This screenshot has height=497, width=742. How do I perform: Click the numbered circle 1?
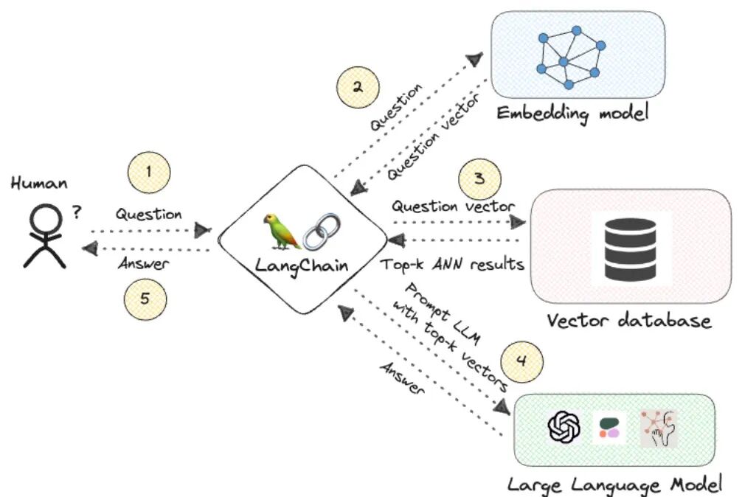click(149, 172)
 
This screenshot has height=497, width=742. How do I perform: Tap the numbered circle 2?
click(358, 88)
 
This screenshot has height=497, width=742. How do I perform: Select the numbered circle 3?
click(479, 179)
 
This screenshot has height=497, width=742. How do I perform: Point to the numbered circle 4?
click(521, 362)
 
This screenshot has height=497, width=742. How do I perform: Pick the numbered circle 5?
click(145, 299)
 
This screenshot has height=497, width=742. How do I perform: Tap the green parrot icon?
click(282, 231)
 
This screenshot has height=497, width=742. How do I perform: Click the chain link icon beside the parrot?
click(322, 232)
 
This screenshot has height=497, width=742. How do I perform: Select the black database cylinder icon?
click(631, 248)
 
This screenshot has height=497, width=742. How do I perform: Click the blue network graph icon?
click(571, 58)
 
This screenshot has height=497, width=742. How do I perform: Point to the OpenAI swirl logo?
click(564, 426)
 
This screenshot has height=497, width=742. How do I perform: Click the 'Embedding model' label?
click(572, 114)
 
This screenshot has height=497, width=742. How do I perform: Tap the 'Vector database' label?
click(629, 321)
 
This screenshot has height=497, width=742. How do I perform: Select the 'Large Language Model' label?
click(614, 485)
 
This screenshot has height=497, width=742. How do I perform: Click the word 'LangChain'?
click(302, 265)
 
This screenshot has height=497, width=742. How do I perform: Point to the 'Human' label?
click(39, 183)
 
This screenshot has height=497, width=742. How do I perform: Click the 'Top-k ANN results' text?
click(452, 264)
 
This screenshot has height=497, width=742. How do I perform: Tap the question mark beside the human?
click(77, 212)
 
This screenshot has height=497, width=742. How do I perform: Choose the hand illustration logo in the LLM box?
click(659, 429)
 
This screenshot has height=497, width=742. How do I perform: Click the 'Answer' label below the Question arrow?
click(143, 263)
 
